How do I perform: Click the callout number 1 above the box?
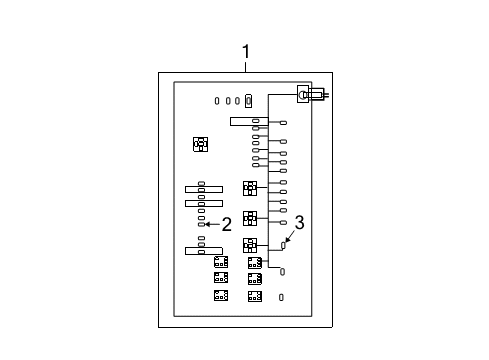pos(245,52)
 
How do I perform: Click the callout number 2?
pos(227,225)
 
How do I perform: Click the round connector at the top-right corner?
pos(301,96)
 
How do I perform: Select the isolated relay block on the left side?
pos(200,145)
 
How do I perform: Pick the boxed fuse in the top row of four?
pos(249,100)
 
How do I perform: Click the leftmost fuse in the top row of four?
pos(218,101)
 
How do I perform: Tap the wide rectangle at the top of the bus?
pos(245,122)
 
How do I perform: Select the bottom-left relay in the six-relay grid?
pos(220,295)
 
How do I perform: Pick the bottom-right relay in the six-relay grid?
pos(254,295)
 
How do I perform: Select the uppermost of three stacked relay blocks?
pos(249,188)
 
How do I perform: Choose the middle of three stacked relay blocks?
pos(249,217)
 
